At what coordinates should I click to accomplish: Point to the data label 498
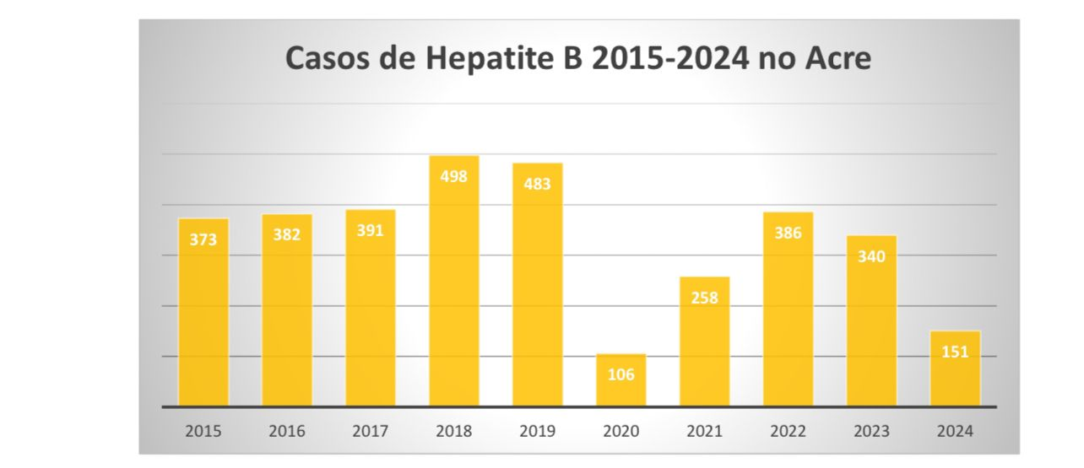click(x=454, y=176)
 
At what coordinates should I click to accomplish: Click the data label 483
click(x=538, y=183)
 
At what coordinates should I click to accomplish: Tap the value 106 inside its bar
click(x=621, y=374)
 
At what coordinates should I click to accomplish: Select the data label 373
click(x=203, y=239)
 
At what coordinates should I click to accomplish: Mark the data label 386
click(x=788, y=233)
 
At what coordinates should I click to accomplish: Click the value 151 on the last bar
click(x=955, y=352)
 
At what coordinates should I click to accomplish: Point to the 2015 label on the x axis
click(x=203, y=431)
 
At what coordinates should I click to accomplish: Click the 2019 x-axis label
click(x=538, y=431)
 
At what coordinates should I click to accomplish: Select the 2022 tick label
click(x=788, y=431)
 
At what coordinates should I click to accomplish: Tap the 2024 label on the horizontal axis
click(x=955, y=431)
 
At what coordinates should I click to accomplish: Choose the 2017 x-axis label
click(x=371, y=431)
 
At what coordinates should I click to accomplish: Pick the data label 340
click(x=871, y=256)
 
